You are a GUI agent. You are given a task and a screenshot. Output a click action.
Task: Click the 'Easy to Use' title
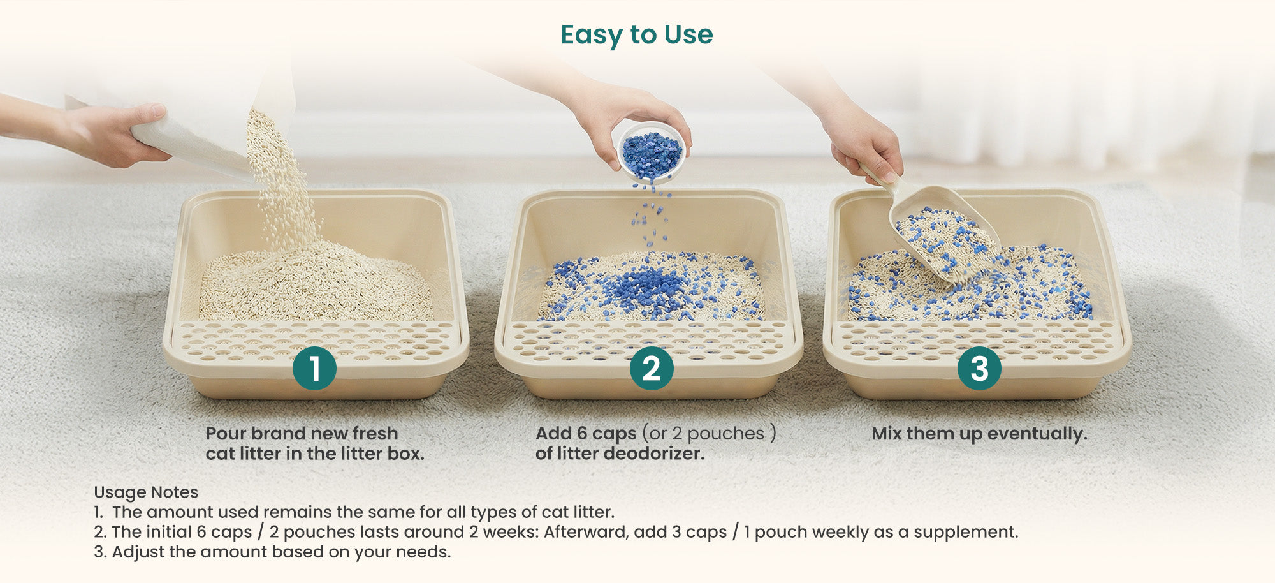tap(637, 35)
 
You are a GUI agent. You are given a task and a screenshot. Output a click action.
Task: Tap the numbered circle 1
tap(314, 368)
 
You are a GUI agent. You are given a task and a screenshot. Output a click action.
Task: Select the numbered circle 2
tap(652, 368)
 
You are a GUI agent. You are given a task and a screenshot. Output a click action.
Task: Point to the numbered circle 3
tap(979, 368)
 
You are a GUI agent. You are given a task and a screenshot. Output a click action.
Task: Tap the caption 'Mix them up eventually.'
tap(979, 434)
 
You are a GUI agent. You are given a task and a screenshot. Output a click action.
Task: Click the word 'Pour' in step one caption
tap(226, 434)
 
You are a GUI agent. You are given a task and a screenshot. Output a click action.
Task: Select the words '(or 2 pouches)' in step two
tap(709, 434)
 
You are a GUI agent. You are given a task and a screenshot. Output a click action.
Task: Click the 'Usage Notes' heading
tap(146, 492)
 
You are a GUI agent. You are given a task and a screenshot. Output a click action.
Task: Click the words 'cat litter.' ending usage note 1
tap(578, 512)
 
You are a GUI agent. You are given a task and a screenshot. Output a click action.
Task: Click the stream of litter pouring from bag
tap(280, 179)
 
